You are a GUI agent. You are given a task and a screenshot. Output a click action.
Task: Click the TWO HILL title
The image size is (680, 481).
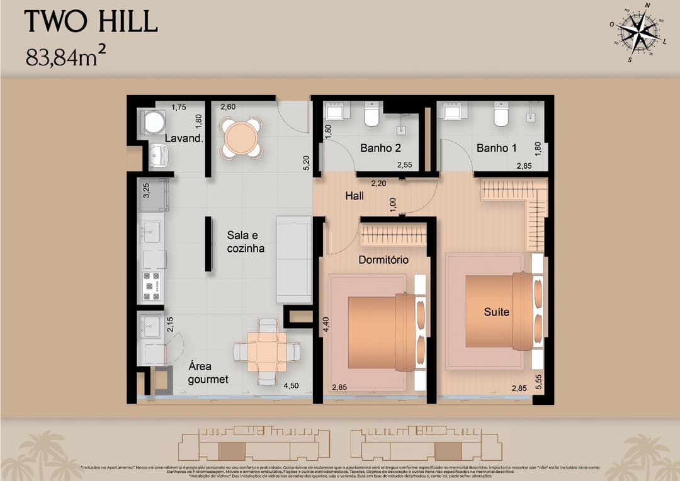tap(91, 23)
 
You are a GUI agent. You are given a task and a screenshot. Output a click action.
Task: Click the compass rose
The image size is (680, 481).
tap(638, 31)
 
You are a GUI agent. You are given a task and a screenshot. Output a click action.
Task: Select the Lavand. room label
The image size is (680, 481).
tap(184, 139)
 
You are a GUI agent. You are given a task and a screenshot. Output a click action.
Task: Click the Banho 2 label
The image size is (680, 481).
tap(380, 149)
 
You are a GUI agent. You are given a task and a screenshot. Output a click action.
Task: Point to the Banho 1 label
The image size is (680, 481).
tap(496, 149)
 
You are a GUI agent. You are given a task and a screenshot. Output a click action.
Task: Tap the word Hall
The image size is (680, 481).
tap(354, 196)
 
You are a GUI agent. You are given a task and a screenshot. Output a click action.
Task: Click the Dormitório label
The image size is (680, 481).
tap(383, 259)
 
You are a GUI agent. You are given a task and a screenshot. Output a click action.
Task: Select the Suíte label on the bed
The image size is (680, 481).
tap(496, 312)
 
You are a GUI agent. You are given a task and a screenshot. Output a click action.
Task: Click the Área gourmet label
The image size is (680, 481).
tap(208, 373)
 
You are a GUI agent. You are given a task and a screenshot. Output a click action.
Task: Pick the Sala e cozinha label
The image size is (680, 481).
tap(246, 241)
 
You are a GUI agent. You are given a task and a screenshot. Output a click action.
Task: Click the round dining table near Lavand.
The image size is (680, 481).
tap(241, 137)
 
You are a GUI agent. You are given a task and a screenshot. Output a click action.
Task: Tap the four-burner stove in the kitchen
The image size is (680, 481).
tap(152, 286)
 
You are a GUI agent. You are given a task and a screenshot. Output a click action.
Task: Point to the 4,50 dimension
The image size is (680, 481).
tap(291, 386)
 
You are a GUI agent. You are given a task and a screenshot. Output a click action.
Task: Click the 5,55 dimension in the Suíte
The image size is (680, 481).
tap(538, 382)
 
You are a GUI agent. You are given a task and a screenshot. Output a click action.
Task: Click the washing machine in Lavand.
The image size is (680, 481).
tap(154, 122)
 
